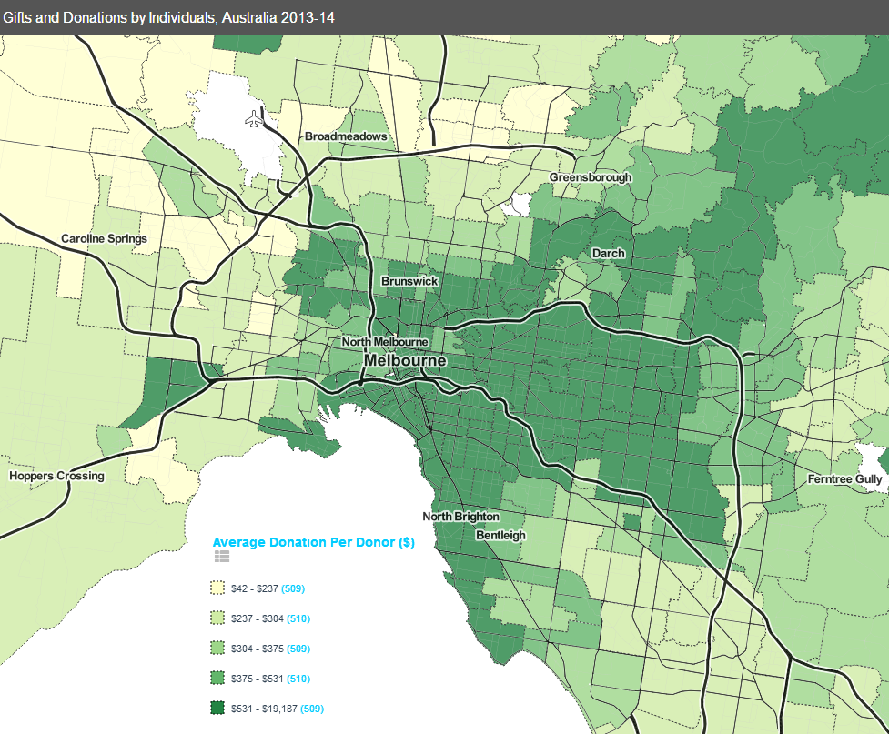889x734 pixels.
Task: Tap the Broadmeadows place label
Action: (346, 136)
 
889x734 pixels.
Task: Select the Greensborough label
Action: (590, 177)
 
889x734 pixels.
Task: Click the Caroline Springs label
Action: (104, 239)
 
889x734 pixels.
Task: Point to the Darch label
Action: (608, 253)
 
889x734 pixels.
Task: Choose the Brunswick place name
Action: (409, 281)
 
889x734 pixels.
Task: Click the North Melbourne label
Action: (384, 342)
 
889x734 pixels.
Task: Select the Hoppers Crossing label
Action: (56, 476)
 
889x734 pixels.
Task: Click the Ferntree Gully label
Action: (844, 479)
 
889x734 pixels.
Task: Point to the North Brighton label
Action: (460, 517)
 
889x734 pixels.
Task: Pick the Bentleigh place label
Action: (501, 535)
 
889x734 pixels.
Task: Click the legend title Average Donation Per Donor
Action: (314, 542)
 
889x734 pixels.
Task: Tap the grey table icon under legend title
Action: (222, 557)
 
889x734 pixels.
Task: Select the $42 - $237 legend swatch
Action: (217, 588)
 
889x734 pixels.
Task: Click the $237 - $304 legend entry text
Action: (258, 618)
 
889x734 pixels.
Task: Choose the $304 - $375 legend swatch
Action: (217, 649)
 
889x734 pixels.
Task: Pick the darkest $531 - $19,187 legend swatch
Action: (217, 708)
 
